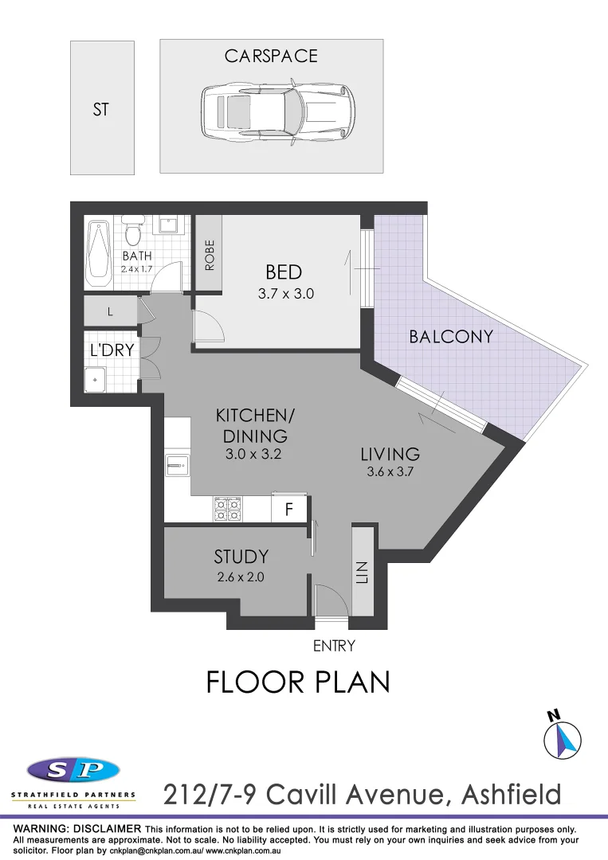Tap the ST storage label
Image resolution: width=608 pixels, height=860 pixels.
(x=100, y=110)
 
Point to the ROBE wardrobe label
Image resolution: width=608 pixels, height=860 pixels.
(x=210, y=255)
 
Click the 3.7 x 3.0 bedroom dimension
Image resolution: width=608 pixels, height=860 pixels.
(x=285, y=293)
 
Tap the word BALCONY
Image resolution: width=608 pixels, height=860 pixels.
(x=451, y=337)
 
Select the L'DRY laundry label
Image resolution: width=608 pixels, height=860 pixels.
(x=112, y=350)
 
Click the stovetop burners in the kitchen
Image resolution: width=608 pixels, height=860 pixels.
(x=227, y=509)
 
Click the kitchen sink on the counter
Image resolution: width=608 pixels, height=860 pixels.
(x=176, y=463)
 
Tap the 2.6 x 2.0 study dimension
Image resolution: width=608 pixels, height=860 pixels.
(x=241, y=576)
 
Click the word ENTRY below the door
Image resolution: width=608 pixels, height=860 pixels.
(x=333, y=646)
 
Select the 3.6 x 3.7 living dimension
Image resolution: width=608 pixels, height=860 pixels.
(x=390, y=471)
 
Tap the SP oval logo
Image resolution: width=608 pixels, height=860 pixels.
(x=73, y=771)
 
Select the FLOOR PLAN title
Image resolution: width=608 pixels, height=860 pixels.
(x=298, y=682)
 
